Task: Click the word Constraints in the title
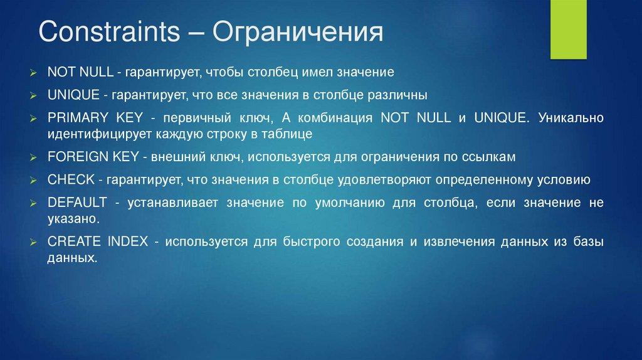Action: click(109, 31)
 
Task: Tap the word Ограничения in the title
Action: click(298, 33)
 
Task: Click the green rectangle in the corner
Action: click(568, 29)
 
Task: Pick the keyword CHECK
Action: click(71, 179)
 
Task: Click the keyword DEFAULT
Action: click(77, 203)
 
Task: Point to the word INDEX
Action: click(128, 241)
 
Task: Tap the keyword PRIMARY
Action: click(78, 117)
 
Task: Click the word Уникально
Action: click(571, 117)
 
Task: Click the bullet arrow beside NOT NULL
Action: click(33, 73)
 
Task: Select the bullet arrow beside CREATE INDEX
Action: click(33, 243)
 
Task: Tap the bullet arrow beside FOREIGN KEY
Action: click(33, 157)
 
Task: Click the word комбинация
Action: click(335, 118)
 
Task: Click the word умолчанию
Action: click(350, 203)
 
